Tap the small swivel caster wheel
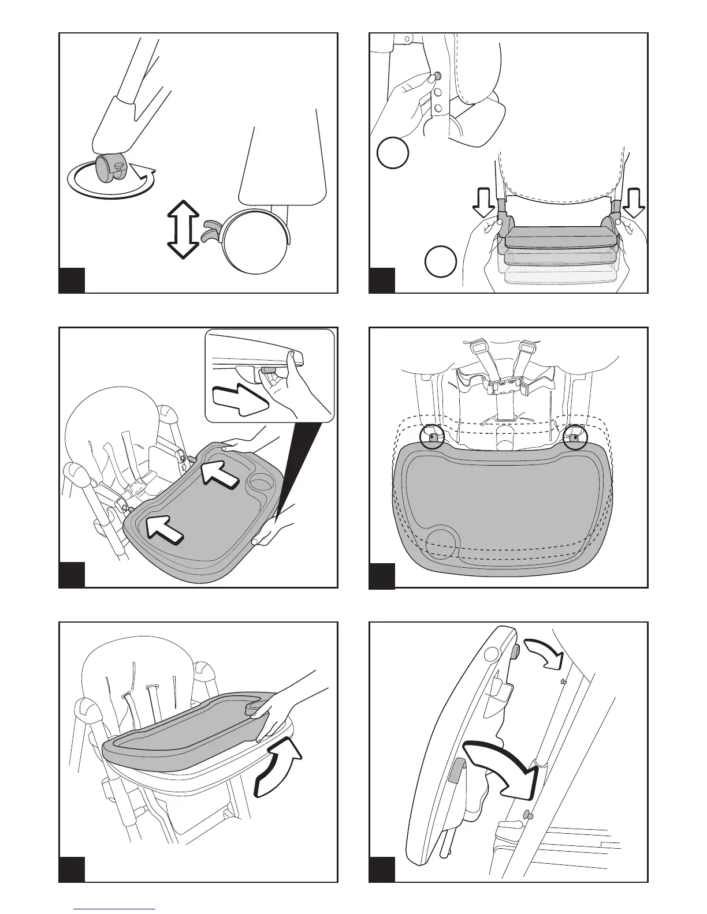tap(109, 168)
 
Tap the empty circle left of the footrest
tap(441, 261)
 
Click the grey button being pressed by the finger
tap(437, 76)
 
